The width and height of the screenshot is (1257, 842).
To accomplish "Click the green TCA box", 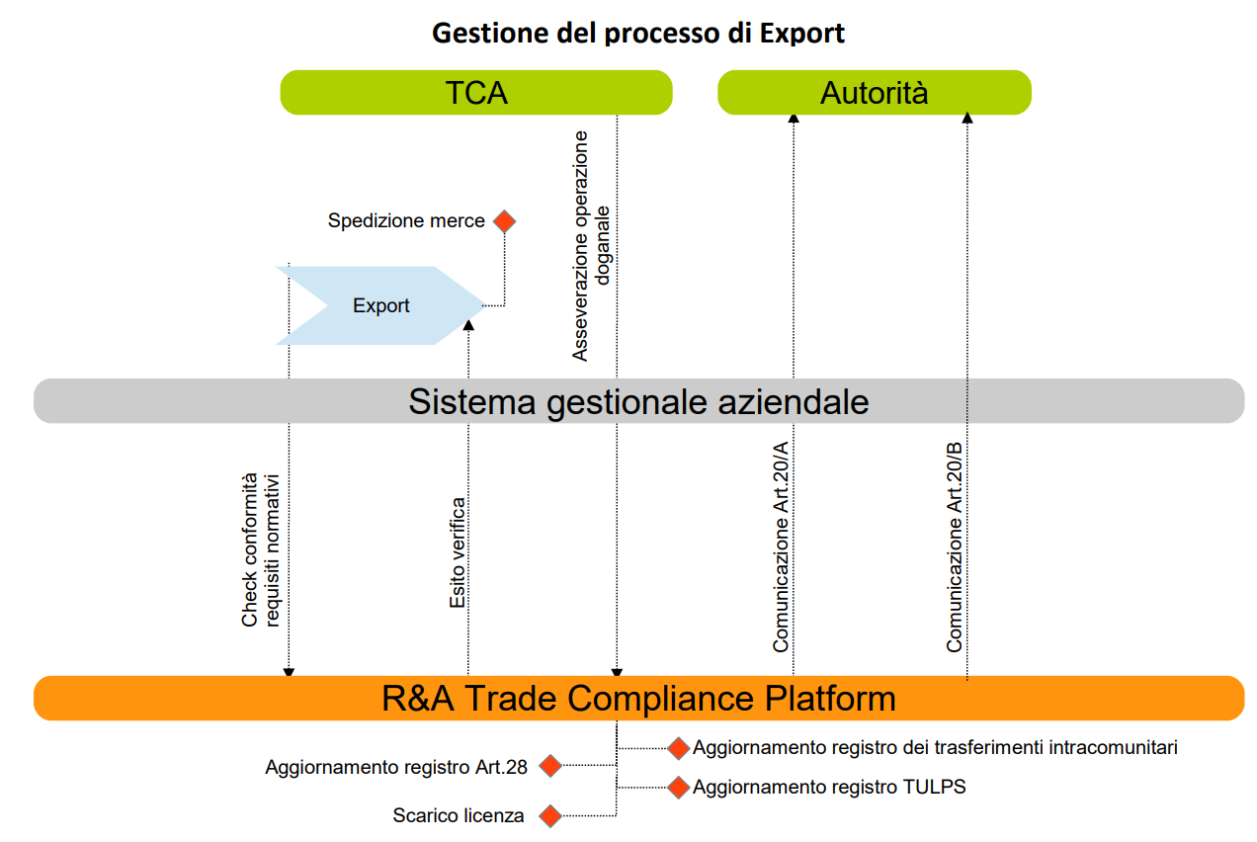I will click(476, 93).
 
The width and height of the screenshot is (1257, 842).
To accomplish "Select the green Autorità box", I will click(874, 93).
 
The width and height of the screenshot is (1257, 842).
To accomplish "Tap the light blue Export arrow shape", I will click(380, 305).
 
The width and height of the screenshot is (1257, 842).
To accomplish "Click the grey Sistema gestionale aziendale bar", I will click(638, 401).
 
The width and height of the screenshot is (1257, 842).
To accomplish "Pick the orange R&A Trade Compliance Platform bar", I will click(638, 698).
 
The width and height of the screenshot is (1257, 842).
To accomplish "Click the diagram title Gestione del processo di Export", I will click(638, 33).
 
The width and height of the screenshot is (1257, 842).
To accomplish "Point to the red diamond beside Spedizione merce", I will click(504, 221).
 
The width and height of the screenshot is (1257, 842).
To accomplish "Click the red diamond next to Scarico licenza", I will click(549, 816).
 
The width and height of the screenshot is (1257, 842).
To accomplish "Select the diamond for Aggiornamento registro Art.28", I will click(549, 766).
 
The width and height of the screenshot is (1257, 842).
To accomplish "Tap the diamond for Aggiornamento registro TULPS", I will click(678, 788).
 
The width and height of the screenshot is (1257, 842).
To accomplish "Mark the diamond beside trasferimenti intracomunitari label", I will click(678, 748).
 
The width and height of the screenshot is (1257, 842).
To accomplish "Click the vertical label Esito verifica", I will click(458, 552).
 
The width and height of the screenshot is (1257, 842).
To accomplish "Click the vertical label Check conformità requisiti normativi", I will click(262, 549).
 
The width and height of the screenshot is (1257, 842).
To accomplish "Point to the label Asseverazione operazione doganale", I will click(592, 245).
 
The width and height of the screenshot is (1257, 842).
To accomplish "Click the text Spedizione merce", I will click(406, 221).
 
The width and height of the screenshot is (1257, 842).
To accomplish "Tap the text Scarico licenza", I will click(459, 816).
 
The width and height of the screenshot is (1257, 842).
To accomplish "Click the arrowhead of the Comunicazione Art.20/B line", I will click(967, 119).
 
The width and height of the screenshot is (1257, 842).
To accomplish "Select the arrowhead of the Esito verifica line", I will click(468, 324).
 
